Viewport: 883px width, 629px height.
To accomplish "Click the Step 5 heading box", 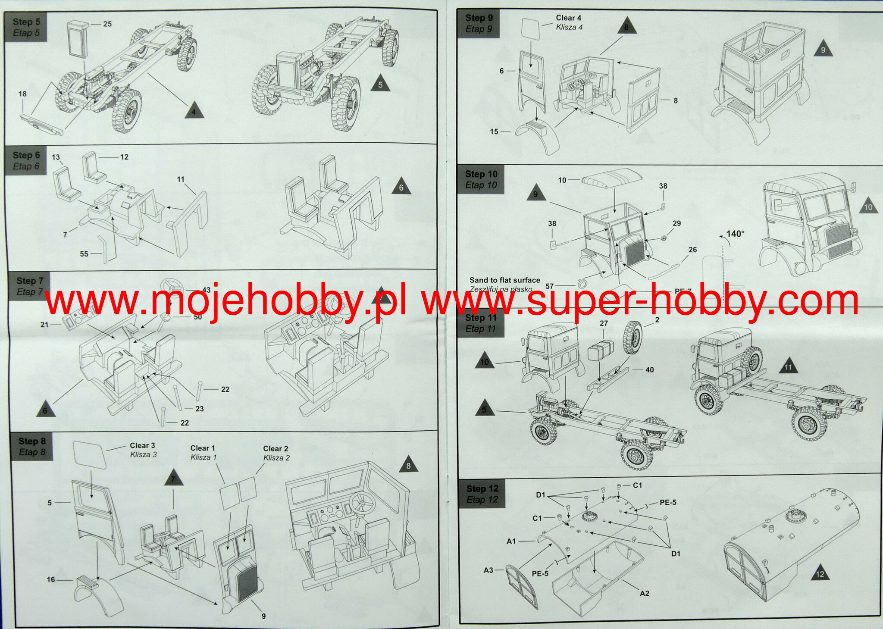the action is [26, 27].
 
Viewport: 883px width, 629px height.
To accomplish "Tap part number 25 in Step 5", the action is [107, 24].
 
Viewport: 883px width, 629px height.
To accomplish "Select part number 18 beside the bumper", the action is [22, 94].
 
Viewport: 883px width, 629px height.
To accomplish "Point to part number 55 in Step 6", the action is [84, 254].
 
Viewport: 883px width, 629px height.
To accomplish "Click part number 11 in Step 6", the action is [181, 179].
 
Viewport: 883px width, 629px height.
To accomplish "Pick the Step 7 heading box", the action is [29, 286].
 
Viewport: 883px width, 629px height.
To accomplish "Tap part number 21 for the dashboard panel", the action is [44, 324].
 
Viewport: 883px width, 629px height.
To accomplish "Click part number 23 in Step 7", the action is [199, 409].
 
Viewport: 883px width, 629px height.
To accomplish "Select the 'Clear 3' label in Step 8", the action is [142, 445].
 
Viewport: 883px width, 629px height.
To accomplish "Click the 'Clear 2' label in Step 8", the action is [276, 448].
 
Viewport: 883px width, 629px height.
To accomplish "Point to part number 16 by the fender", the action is [51, 579].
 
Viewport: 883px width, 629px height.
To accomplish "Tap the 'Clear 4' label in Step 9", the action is [569, 18].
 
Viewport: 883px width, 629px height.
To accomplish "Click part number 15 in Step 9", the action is [494, 131].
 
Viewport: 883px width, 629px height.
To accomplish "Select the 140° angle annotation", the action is [736, 234].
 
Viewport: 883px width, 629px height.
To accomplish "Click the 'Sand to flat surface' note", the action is [505, 280].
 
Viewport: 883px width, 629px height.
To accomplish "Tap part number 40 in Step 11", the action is [649, 369].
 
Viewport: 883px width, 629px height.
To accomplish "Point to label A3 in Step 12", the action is [488, 570].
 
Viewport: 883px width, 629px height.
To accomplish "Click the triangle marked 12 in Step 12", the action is [820, 573].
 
